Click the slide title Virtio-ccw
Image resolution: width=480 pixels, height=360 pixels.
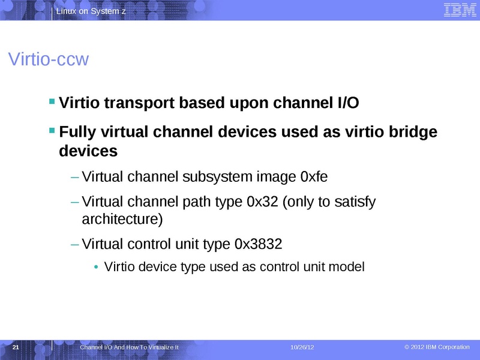(x=48, y=60)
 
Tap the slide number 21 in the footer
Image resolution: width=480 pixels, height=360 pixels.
(x=16, y=347)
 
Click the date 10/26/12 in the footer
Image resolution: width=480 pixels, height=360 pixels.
(x=302, y=348)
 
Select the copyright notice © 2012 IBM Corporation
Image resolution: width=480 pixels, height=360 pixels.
(x=437, y=347)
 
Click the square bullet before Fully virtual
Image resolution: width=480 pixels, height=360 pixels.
(x=52, y=130)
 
